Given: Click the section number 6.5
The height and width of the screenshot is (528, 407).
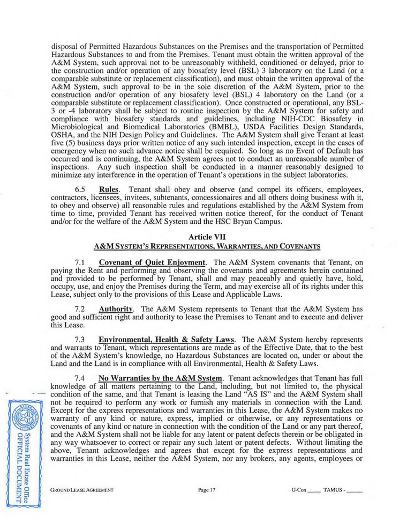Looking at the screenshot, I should [81, 191].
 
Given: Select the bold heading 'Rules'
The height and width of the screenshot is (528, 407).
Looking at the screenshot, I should [111, 191].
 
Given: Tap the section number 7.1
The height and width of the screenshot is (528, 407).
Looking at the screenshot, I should [81, 262].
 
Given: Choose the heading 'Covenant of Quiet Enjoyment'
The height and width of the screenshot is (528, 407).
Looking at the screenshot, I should [152, 262].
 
